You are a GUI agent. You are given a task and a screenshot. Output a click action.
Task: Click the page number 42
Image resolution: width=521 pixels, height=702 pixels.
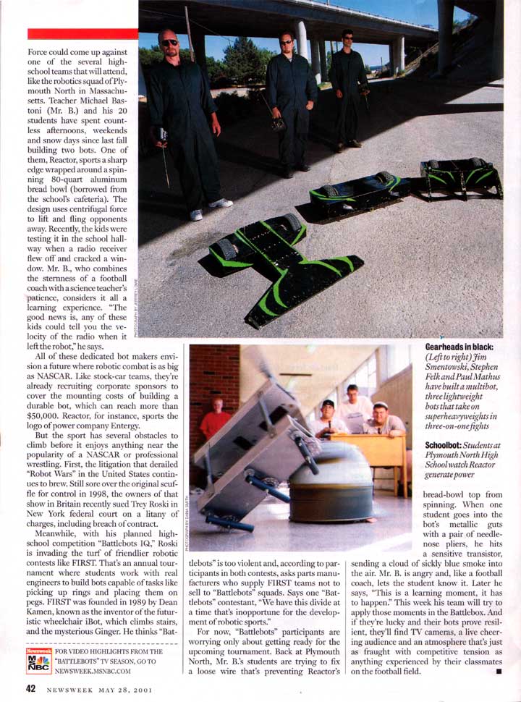tap(33, 688)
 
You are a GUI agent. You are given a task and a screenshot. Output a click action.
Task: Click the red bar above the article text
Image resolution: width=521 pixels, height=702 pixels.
tap(82, 34)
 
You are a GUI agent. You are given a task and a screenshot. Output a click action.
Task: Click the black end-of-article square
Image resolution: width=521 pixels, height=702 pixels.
tap(499, 672)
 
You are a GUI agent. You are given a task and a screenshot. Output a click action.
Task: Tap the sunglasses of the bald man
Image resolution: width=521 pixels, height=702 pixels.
tap(169, 43)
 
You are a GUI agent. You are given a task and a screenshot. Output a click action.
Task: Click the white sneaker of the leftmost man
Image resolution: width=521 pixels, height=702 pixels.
tap(196, 214)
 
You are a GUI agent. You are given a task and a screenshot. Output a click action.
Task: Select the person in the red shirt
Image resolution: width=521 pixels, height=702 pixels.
tap(215, 421)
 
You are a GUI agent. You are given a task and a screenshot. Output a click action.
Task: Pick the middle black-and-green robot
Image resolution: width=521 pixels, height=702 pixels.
tap(356, 190)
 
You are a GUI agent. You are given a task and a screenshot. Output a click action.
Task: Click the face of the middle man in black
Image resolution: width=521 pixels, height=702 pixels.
tap(285, 43)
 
